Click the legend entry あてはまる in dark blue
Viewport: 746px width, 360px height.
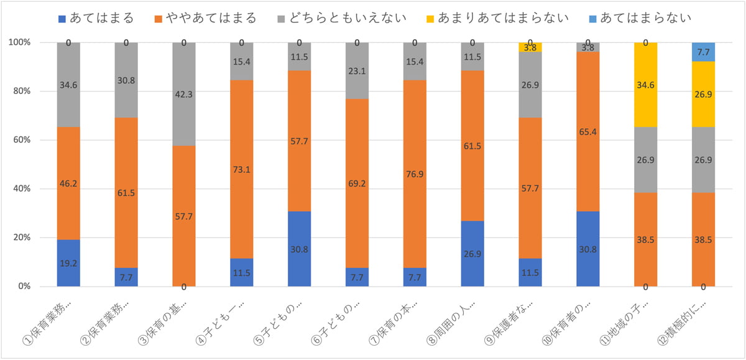103,17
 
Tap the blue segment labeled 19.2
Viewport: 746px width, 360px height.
68,263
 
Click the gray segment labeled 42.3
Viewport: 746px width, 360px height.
184,94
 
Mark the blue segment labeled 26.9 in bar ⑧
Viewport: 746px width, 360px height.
473,254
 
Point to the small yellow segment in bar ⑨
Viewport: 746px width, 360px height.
531,47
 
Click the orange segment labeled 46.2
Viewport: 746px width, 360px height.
68,183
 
